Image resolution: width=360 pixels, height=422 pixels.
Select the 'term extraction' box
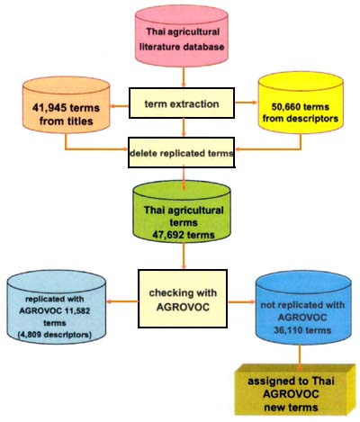pos(181,105)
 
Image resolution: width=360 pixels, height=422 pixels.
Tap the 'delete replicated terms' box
pos(182,152)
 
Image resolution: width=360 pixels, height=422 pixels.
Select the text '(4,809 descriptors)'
pos(61,314)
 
